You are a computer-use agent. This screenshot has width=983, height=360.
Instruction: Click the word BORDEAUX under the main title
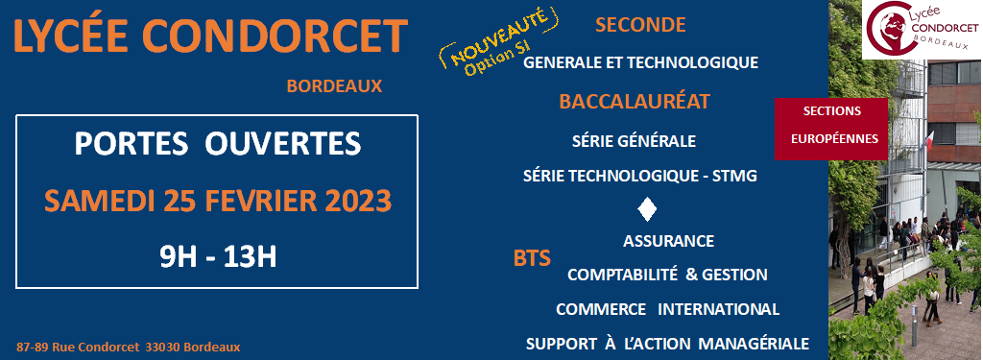pos(334,86)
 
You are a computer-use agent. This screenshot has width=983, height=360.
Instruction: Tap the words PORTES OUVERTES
pos(218,144)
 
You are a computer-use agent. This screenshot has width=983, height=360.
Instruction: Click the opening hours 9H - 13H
pos(218,257)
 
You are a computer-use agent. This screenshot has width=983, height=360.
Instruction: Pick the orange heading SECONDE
pos(640,24)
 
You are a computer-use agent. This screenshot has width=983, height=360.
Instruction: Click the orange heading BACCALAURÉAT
pos(635,101)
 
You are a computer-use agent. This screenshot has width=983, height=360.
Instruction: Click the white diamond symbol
pos(646,209)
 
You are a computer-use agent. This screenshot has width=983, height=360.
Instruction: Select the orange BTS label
pos(532,258)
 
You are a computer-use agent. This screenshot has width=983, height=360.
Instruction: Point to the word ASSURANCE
pos(668,241)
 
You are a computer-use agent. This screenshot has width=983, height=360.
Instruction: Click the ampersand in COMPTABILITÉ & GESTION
pos(691,275)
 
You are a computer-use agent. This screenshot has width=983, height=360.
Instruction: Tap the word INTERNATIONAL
pos(718,309)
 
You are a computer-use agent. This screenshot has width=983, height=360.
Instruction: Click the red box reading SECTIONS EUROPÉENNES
pos(831,129)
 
